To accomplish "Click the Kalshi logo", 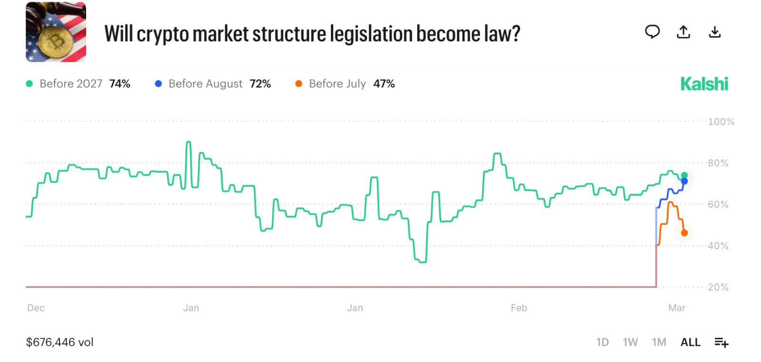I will click(704, 84).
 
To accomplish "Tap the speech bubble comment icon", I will click(652, 32).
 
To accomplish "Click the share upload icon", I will click(683, 32).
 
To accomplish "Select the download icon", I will click(715, 32).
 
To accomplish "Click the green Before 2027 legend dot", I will click(29, 84).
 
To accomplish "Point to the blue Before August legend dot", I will click(158, 84).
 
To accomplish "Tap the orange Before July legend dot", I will click(299, 84).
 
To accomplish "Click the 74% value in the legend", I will click(119, 84).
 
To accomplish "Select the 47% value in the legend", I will click(384, 84).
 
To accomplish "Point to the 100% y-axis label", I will click(721, 122).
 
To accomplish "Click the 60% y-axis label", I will click(718, 204).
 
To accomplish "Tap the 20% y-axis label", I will click(718, 287).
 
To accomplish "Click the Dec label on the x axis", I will click(36, 308).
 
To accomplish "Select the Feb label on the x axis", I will click(519, 308).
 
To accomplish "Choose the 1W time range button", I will click(630, 342).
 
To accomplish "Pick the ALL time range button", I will click(690, 342).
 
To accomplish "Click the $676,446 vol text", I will click(59, 342).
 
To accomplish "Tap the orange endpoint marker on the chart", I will click(684, 233).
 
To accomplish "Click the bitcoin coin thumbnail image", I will click(56, 32).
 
